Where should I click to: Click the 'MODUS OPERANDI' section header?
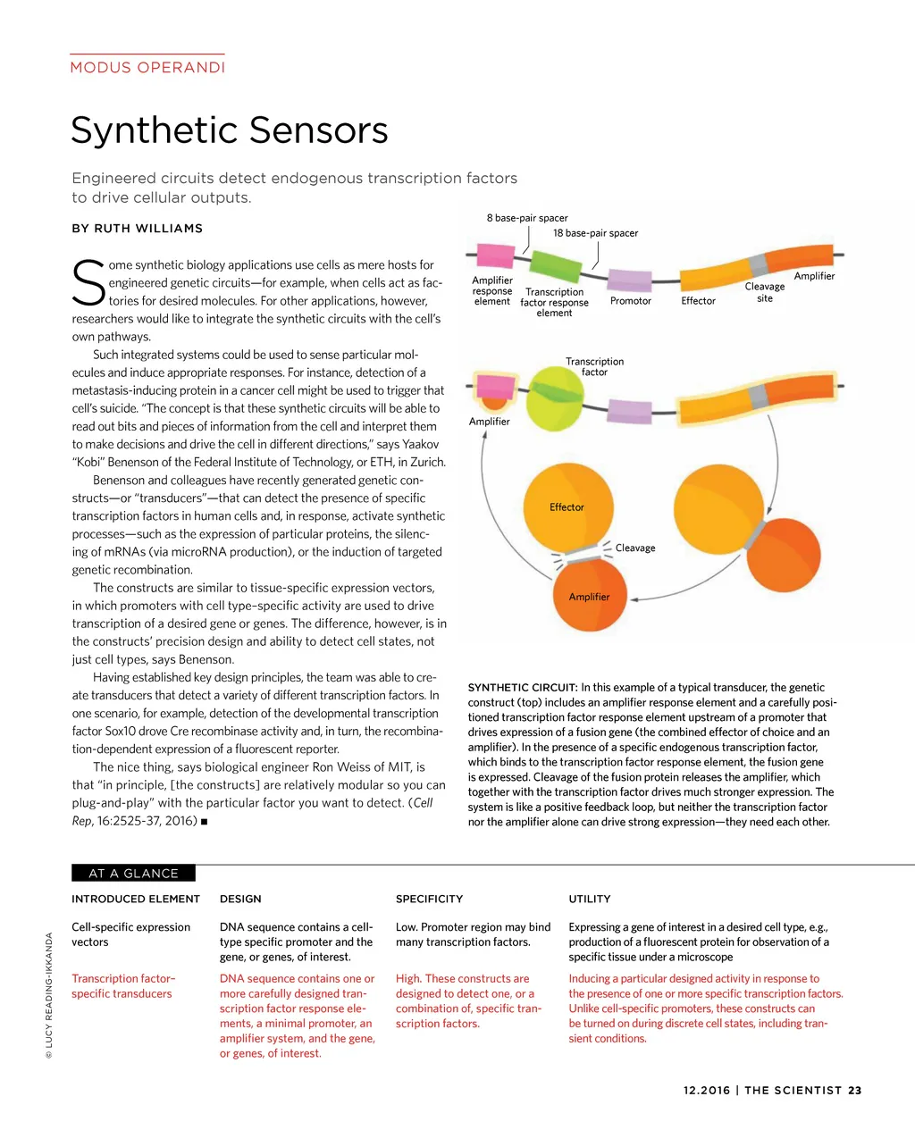click(147, 68)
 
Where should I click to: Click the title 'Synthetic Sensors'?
click(230, 130)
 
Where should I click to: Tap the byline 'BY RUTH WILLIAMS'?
click(137, 229)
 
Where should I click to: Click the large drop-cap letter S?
click(88, 281)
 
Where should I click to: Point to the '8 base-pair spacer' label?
click(527, 218)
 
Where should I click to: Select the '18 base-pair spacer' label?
click(595, 233)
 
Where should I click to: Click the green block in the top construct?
click(555, 265)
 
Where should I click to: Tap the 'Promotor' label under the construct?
click(630, 301)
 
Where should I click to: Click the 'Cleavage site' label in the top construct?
click(765, 292)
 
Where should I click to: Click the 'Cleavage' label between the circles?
click(635, 548)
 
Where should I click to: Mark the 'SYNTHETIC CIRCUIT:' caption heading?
click(523, 688)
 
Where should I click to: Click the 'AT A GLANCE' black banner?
click(133, 874)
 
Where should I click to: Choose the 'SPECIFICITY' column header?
click(429, 899)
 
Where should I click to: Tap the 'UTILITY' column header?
click(590, 899)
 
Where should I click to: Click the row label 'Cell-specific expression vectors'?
click(130, 934)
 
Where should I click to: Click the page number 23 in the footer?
click(855, 1091)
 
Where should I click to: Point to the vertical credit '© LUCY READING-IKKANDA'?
click(50, 995)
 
